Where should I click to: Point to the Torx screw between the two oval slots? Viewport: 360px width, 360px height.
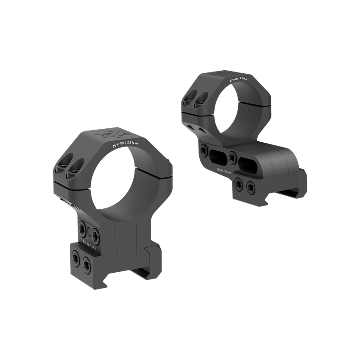[x=232, y=157]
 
